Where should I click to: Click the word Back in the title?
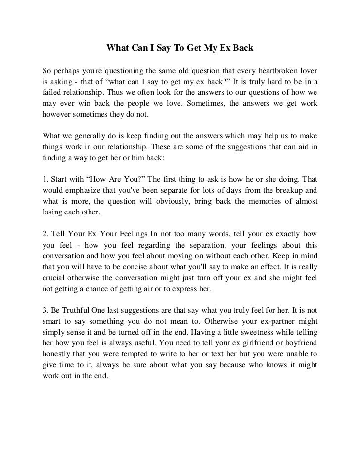tap(242, 49)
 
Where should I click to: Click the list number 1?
tap(46, 179)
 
